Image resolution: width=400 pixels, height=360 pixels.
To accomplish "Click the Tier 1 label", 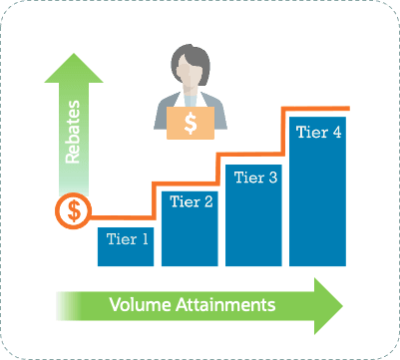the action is tap(127, 238).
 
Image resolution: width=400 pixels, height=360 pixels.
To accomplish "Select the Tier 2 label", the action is tap(192, 201).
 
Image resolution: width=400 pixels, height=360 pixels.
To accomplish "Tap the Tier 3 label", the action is tap(255, 178).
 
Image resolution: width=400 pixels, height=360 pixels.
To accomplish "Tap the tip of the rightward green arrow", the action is tap(342, 302).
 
